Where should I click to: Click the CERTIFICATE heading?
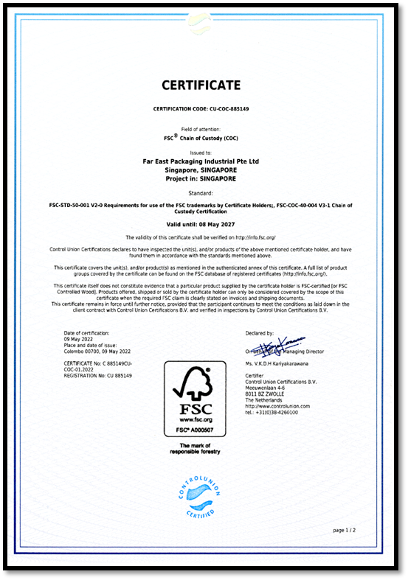tap(201, 85)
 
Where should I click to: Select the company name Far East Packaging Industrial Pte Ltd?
tap(201, 161)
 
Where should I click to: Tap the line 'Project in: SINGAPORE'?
tap(201, 177)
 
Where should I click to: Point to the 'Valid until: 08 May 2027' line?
tap(201, 223)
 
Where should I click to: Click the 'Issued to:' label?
tap(201, 152)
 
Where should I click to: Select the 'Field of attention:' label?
tap(201, 129)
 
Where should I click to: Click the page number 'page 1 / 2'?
tap(345, 530)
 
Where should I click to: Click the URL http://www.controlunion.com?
tap(277, 406)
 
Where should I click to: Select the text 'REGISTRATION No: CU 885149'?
tap(98, 376)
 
